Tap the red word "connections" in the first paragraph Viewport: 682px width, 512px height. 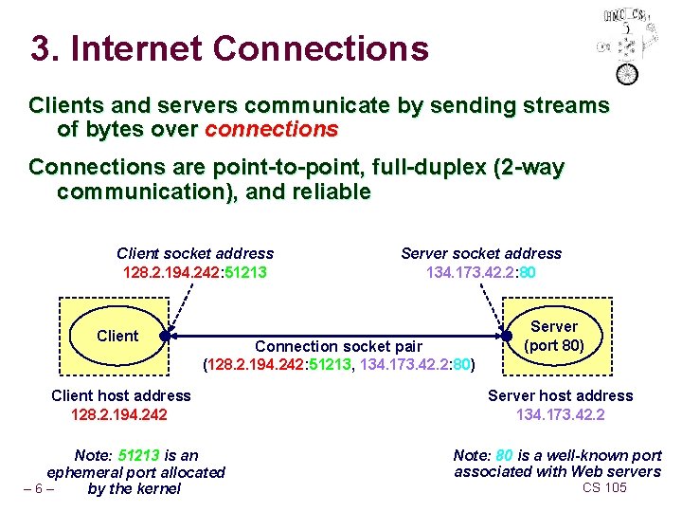pos(271,128)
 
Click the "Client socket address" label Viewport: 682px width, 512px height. pos(195,253)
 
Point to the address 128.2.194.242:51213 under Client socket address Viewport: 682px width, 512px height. pos(195,272)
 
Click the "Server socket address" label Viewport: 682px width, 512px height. pos(481,253)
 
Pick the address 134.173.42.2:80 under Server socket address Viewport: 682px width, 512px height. pos(481,272)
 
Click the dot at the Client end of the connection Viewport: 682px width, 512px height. pos(165,336)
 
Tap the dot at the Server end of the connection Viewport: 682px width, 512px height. pos(506,336)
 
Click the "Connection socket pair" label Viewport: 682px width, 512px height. pos(338,346)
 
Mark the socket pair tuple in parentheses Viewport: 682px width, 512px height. pos(339,364)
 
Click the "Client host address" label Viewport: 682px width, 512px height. pos(120,395)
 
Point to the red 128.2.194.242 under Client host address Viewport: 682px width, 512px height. pos(120,414)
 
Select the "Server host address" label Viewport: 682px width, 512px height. pos(560,395)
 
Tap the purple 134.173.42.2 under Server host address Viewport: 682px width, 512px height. pos(560,414)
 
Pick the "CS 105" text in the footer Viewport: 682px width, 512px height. pos(604,487)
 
